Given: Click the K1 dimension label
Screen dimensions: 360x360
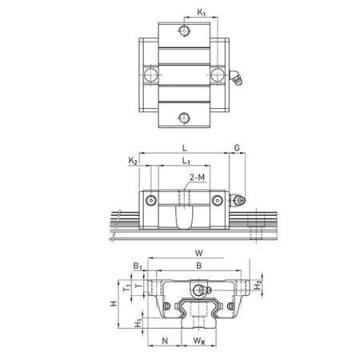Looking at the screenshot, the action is (202, 12).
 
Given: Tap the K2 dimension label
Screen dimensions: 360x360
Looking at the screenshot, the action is (133, 161).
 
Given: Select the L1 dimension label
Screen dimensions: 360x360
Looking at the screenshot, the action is (186, 161).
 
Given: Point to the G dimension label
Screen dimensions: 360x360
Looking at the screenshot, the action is (237, 147).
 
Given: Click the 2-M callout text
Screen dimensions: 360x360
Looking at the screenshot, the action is (197, 177).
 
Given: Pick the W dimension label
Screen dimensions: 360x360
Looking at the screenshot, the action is (199, 253).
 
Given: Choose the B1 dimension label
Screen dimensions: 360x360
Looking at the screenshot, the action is (138, 266).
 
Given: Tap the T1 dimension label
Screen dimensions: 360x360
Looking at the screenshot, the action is (127, 287).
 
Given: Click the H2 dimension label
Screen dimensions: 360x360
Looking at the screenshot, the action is (258, 286).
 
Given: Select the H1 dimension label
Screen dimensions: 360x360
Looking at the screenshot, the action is (138, 323).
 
